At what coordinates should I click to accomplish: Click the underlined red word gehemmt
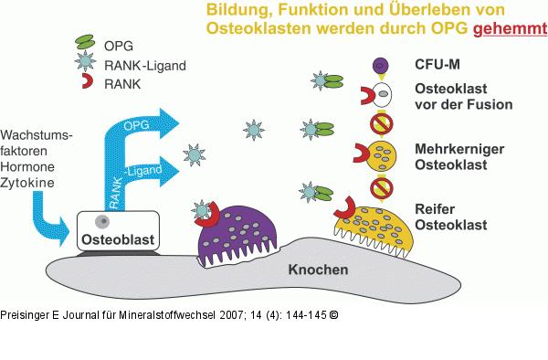(x=509, y=29)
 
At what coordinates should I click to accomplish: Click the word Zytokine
(x=28, y=183)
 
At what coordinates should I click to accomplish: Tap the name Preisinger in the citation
(x=28, y=314)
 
